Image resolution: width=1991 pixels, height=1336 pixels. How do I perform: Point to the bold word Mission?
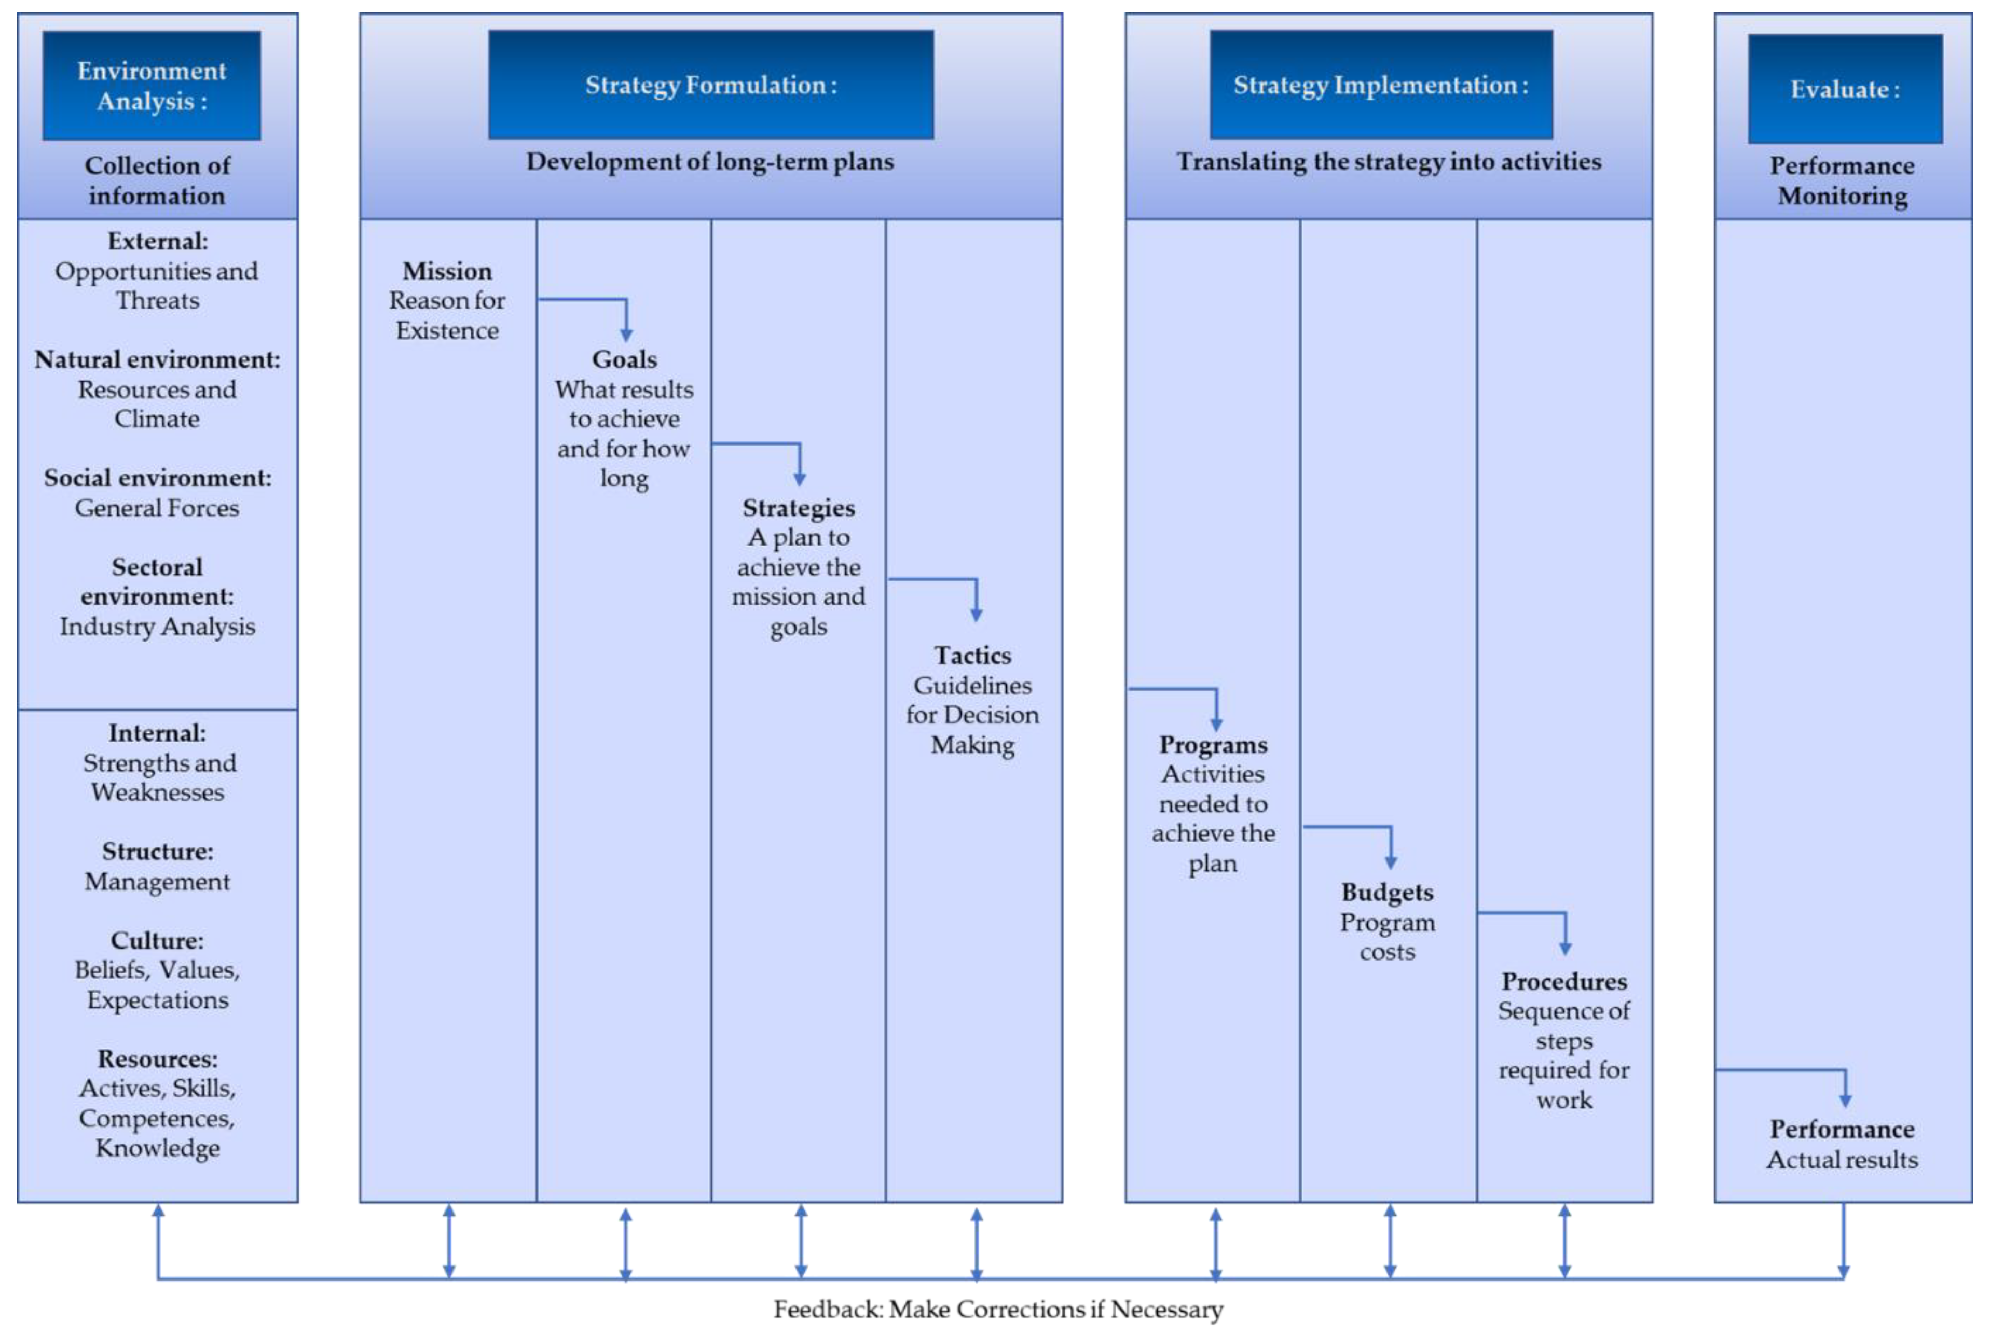pos(447,271)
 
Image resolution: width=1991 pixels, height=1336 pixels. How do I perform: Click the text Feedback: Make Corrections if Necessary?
pos(997,1309)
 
